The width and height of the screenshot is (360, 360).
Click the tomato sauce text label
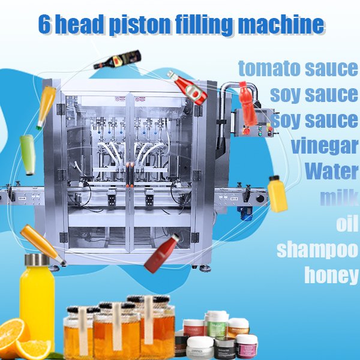click(x=298, y=68)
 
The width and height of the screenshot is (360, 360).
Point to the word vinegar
click(x=325, y=146)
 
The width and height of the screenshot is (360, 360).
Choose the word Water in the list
click(x=331, y=172)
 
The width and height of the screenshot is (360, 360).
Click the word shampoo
click(x=317, y=248)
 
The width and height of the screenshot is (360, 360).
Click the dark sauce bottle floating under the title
click(x=117, y=59)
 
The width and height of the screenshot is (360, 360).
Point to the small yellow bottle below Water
click(x=277, y=194)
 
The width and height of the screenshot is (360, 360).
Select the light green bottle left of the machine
click(x=28, y=155)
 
